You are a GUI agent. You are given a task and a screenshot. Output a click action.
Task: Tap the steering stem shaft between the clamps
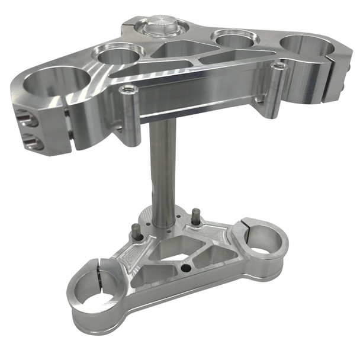coord(162,172)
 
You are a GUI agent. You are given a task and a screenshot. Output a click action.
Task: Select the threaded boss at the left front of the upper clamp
coord(127,90)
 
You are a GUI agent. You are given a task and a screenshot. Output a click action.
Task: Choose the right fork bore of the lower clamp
coord(264,237)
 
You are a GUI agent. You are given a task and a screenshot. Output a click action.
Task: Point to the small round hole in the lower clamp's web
coord(188,268)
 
